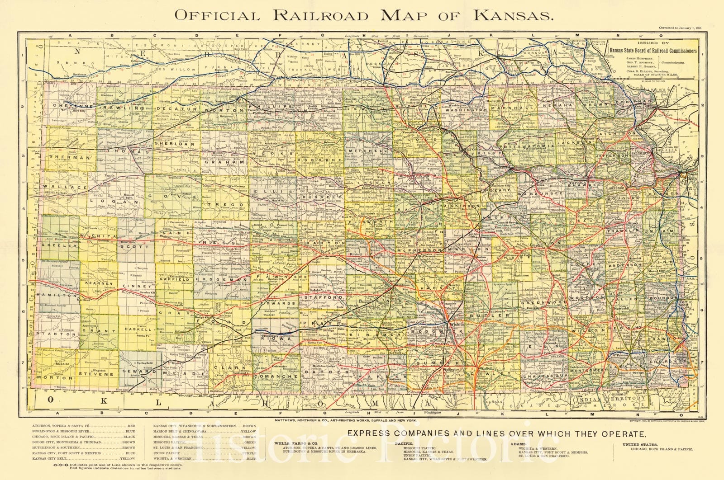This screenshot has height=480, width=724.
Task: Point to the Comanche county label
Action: pos(271,376)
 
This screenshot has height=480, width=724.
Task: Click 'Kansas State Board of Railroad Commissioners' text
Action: pos(653,51)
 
